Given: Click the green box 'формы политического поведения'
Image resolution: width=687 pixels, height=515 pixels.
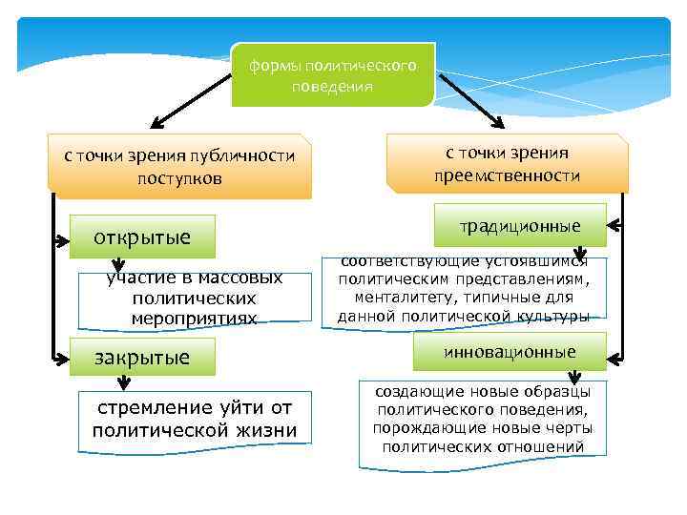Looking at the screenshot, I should coord(332,74).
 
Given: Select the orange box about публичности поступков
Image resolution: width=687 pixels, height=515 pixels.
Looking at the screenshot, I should coord(180,166).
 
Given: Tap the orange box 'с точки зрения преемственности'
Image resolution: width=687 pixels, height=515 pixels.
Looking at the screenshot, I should coord(507,163).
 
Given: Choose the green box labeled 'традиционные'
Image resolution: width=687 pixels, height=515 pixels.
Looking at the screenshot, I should coord(520,226).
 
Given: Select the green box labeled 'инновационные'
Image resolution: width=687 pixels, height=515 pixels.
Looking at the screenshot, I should coord(520,351).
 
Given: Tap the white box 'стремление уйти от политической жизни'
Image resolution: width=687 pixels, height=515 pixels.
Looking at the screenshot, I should coord(195,419).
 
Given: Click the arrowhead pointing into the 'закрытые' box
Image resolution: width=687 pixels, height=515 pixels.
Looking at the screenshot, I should coord(64,357).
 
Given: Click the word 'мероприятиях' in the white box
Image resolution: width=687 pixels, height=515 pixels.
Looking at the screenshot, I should coord(195,317).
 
